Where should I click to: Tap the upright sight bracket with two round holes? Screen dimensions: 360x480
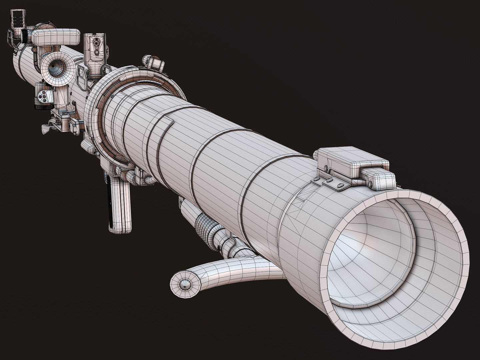point(96,47)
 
